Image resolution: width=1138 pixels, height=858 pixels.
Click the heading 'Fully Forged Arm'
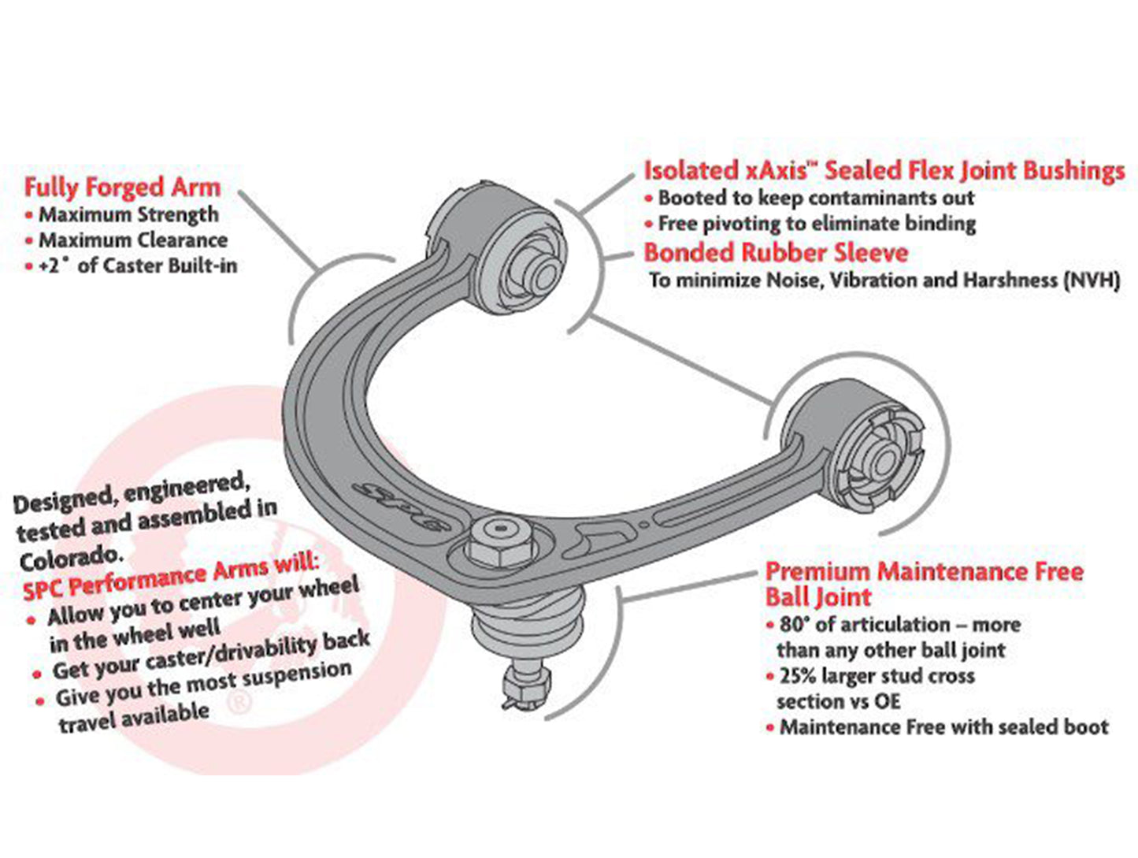(122, 188)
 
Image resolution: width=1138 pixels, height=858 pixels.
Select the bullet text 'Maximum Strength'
(128, 214)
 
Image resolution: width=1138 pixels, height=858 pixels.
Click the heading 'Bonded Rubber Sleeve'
(776, 253)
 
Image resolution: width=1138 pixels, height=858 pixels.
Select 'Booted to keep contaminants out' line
(816, 198)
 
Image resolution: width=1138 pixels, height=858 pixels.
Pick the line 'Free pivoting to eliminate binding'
(817, 224)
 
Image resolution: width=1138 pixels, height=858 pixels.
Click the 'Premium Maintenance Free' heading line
(924, 571)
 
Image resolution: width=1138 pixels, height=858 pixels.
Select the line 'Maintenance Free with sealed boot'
(943, 727)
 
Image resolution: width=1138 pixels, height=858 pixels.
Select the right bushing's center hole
(880, 459)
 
